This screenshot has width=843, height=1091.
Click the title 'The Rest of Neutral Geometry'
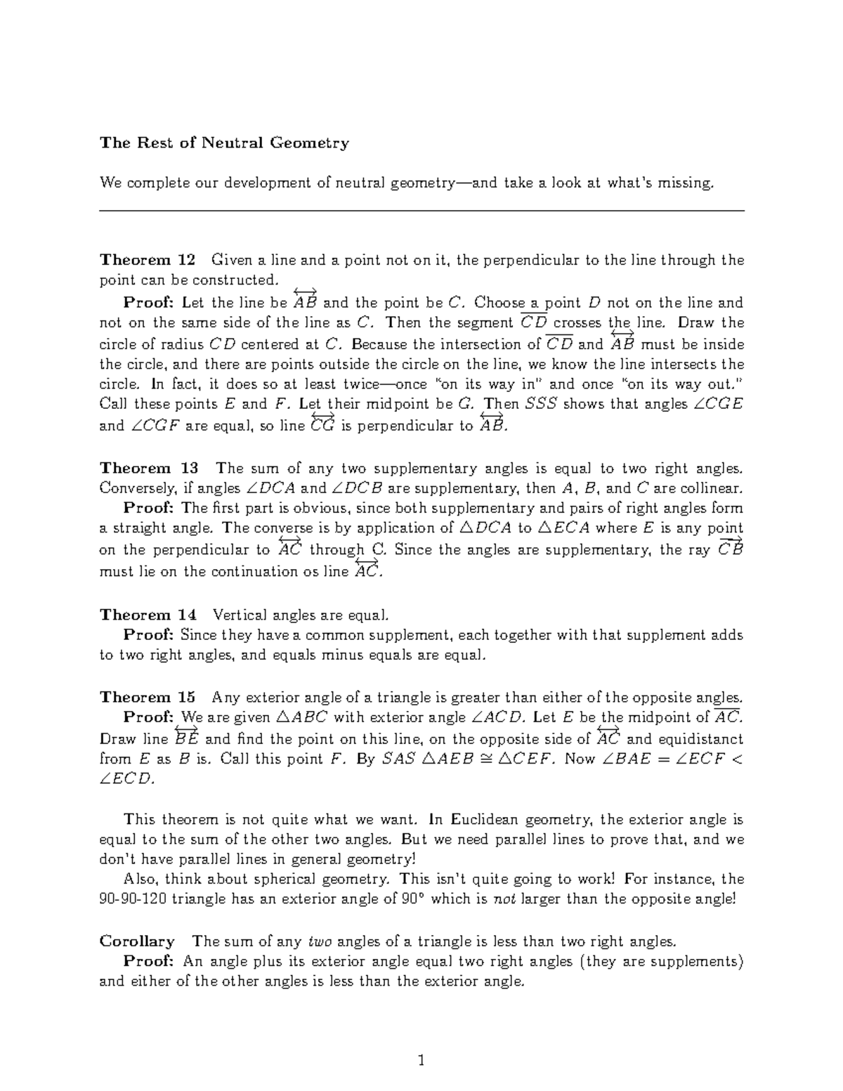(x=224, y=143)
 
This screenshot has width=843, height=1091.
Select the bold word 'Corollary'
(x=137, y=941)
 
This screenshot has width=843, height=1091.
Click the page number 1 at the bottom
(x=421, y=1061)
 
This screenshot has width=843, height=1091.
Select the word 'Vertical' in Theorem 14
(x=237, y=615)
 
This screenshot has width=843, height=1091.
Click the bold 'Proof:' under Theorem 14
(x=148, y=635)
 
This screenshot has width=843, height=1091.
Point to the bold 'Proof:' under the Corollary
(x=148, y=961)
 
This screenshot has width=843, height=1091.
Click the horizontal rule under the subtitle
(x=421, y=210)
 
